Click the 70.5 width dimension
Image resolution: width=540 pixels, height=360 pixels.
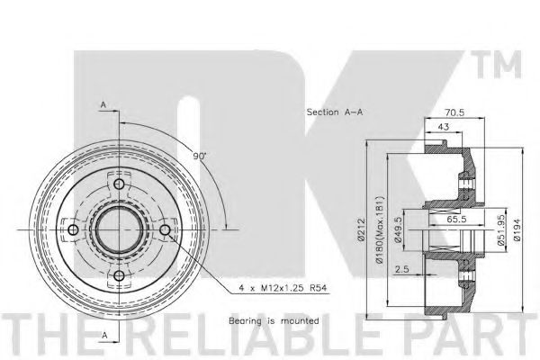pos(454,112)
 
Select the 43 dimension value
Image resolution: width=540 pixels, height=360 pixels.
pos(443,127)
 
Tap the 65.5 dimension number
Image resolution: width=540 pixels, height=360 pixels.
pos(456,219)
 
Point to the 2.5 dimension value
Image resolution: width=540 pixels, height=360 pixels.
pos(402,269)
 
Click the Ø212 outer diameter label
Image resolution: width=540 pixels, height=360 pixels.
pos(361,229)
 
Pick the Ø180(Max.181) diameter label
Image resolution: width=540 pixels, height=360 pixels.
pos(379,230)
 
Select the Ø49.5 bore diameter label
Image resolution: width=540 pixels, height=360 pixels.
pos(398,229)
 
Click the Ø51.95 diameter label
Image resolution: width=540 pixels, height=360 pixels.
pos(502,229)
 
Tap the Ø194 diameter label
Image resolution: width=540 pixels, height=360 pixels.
pos(517,229)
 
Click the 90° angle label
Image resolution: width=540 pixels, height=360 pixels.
pos(199,156)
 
